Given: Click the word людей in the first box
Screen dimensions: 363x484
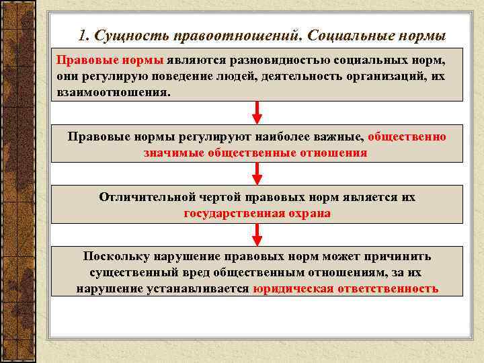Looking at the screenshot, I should [227, 76].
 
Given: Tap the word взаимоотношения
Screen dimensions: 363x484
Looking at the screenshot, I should [114, 92].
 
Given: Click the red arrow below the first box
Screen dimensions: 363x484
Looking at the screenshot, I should [257, 112].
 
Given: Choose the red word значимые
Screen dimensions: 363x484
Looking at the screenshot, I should [174, 153].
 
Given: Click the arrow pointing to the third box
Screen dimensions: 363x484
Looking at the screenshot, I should [257, 173].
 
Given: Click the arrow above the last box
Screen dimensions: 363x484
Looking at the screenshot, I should [257, 235].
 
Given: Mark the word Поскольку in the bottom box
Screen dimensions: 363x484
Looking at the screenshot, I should [116, 257].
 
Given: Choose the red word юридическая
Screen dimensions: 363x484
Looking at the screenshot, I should [292, 289].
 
